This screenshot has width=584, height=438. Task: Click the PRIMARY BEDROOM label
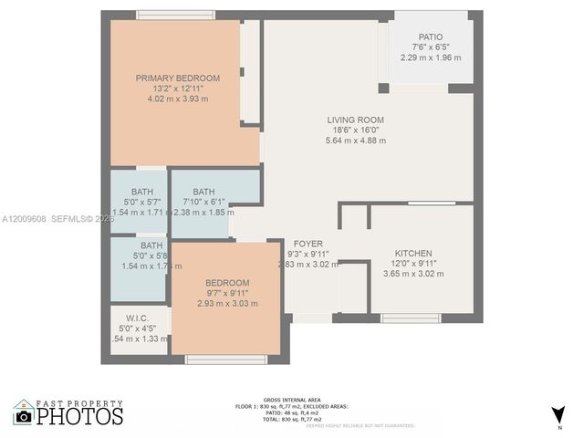[178, 78]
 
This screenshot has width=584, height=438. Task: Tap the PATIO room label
[431, 37]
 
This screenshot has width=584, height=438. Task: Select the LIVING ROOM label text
[355, 120]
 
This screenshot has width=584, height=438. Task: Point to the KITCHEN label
[412, 253]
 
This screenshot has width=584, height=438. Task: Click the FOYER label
[307, 243]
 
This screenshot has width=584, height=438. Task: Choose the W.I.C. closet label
[138, 318]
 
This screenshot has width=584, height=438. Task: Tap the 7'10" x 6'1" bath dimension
[203, 202]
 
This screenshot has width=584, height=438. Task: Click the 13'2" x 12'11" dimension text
[178, 89]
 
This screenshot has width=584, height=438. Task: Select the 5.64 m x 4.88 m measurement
[355, 141]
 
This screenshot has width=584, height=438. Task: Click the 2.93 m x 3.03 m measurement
[227, 304]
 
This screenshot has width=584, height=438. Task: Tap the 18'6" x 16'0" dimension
[355, 130]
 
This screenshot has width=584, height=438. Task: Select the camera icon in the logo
[24, 415]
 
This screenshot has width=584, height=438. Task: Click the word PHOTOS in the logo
[79, 417]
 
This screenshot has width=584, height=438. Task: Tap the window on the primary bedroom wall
[175, 15]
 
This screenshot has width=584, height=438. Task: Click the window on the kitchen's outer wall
[406, 318]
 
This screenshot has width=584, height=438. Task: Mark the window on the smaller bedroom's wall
[214, 360]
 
